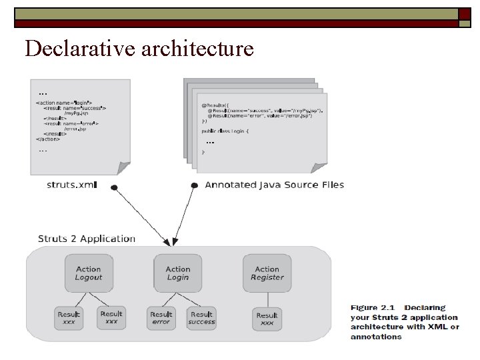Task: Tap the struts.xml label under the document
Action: point(71,185)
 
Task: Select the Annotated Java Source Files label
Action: point(274,185)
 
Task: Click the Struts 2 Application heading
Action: point(87,239)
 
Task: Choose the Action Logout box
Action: point(88,273)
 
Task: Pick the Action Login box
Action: point(177,273)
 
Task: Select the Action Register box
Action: point(267,273)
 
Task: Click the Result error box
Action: point(161,317)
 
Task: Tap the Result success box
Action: point(201,317)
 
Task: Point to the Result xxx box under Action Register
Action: point(267,318)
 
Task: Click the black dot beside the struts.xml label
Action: point(115,187)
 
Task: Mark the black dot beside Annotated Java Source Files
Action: point(194,185)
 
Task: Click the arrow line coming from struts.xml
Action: point(141,215)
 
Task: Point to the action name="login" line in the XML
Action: point(64,103)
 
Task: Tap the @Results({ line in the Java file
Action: point(213,105)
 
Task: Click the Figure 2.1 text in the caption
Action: point(373,308)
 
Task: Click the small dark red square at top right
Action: point(465,14)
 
